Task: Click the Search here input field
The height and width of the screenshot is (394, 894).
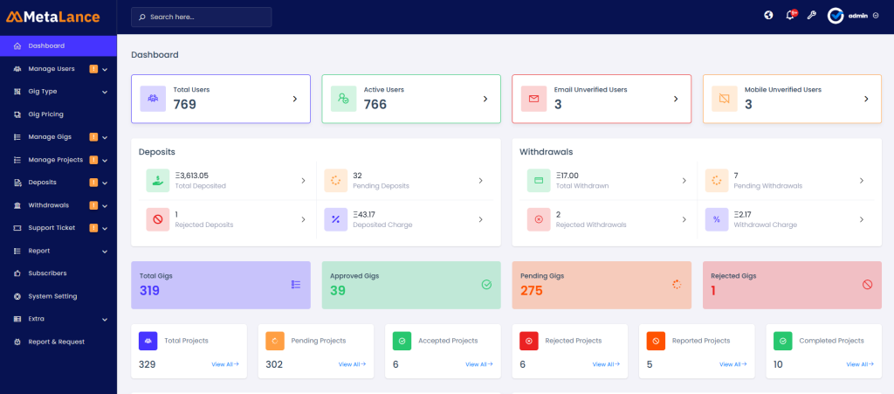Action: pos(202,17)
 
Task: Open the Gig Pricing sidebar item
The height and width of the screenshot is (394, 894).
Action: pos(45,114)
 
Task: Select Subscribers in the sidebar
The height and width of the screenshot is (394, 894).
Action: pos(47,273)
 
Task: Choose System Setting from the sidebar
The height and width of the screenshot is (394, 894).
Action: pos(52,296)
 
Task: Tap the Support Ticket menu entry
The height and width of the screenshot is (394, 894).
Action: pos(52,228)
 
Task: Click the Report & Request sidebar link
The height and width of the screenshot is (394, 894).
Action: pos(56,342)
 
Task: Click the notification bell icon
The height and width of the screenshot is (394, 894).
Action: pos(791,16)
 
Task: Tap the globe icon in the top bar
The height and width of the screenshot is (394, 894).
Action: pos(768,16)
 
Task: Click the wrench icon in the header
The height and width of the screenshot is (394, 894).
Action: pos(812,16)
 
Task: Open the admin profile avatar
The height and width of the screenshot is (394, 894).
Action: pos(836,16)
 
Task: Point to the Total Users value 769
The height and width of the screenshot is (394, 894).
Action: pos(184,105)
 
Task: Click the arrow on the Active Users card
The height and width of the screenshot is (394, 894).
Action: pos(485,99)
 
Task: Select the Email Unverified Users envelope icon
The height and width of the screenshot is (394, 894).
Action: pos(533,99)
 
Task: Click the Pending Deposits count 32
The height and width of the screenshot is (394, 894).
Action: pos(357,176)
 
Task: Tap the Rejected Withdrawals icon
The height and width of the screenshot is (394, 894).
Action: pos(539,219)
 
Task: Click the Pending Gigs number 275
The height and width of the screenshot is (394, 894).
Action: pos(532,291)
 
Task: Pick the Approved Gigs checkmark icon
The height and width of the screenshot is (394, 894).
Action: pos(486,284)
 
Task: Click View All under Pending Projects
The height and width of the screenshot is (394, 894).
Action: pos(352,364)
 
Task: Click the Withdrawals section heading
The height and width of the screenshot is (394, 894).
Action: pos(547,152)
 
